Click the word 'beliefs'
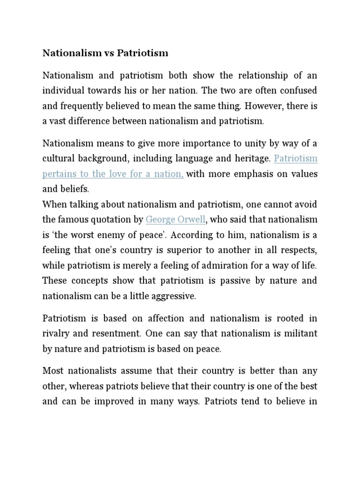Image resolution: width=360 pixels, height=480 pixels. click(75, 189)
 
